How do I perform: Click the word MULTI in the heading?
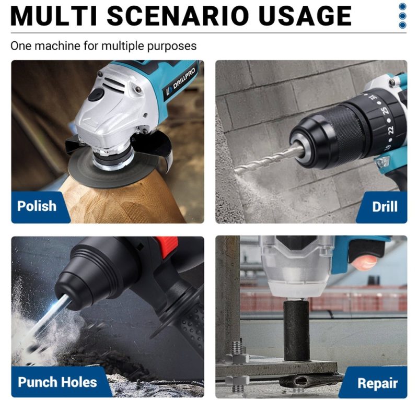coord(54,16)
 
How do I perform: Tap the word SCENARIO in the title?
coord(178,16)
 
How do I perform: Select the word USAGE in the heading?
coord(305,16)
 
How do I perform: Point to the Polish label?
coord(37,206)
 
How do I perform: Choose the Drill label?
coord(385,207)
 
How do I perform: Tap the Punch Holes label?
coord(57,382)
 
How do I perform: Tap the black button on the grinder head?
coord(96,95)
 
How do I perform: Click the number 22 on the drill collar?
coord(390,130)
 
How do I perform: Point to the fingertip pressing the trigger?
coord(364,262)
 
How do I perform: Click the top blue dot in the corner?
coord(402,7)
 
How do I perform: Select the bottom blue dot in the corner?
coord(402,25)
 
